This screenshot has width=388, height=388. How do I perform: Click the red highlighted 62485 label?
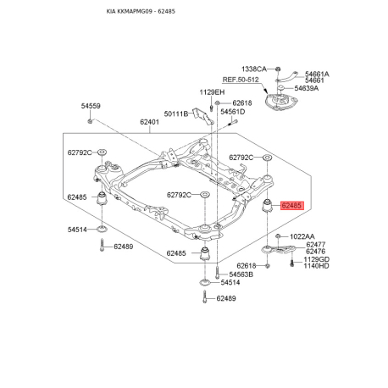pos(292,205)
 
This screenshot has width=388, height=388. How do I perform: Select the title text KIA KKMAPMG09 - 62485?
pos(141,11)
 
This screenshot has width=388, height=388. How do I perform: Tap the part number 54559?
pos(91,106)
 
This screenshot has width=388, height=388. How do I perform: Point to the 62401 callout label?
pos(149,122)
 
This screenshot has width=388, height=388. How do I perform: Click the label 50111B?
pos(176,114)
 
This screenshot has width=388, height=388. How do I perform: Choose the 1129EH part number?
pos(212,92)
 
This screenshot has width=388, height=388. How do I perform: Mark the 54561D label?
pos(233,112)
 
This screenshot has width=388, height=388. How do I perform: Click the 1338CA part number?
pos(254,69)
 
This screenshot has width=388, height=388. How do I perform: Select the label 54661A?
pos(317,74)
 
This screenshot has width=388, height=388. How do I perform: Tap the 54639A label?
pos(307,88)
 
